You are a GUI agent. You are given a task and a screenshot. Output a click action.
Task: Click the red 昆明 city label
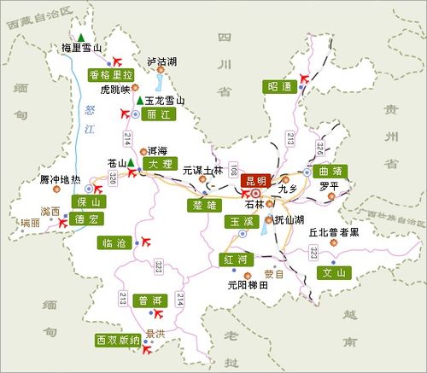[x=255, y=180]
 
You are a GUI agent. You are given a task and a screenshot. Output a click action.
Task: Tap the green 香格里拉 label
[x=112, y=74]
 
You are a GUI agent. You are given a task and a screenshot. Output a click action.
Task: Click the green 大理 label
[x=159, y=162]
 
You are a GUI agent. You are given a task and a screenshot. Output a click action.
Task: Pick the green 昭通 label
[x=278, y=86]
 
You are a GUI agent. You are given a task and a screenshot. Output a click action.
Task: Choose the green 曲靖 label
[x=330, y=171]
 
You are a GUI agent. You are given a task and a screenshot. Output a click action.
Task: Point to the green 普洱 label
[x=150, y=301]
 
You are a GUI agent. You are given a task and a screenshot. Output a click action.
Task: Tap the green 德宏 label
[x=87, y=219]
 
